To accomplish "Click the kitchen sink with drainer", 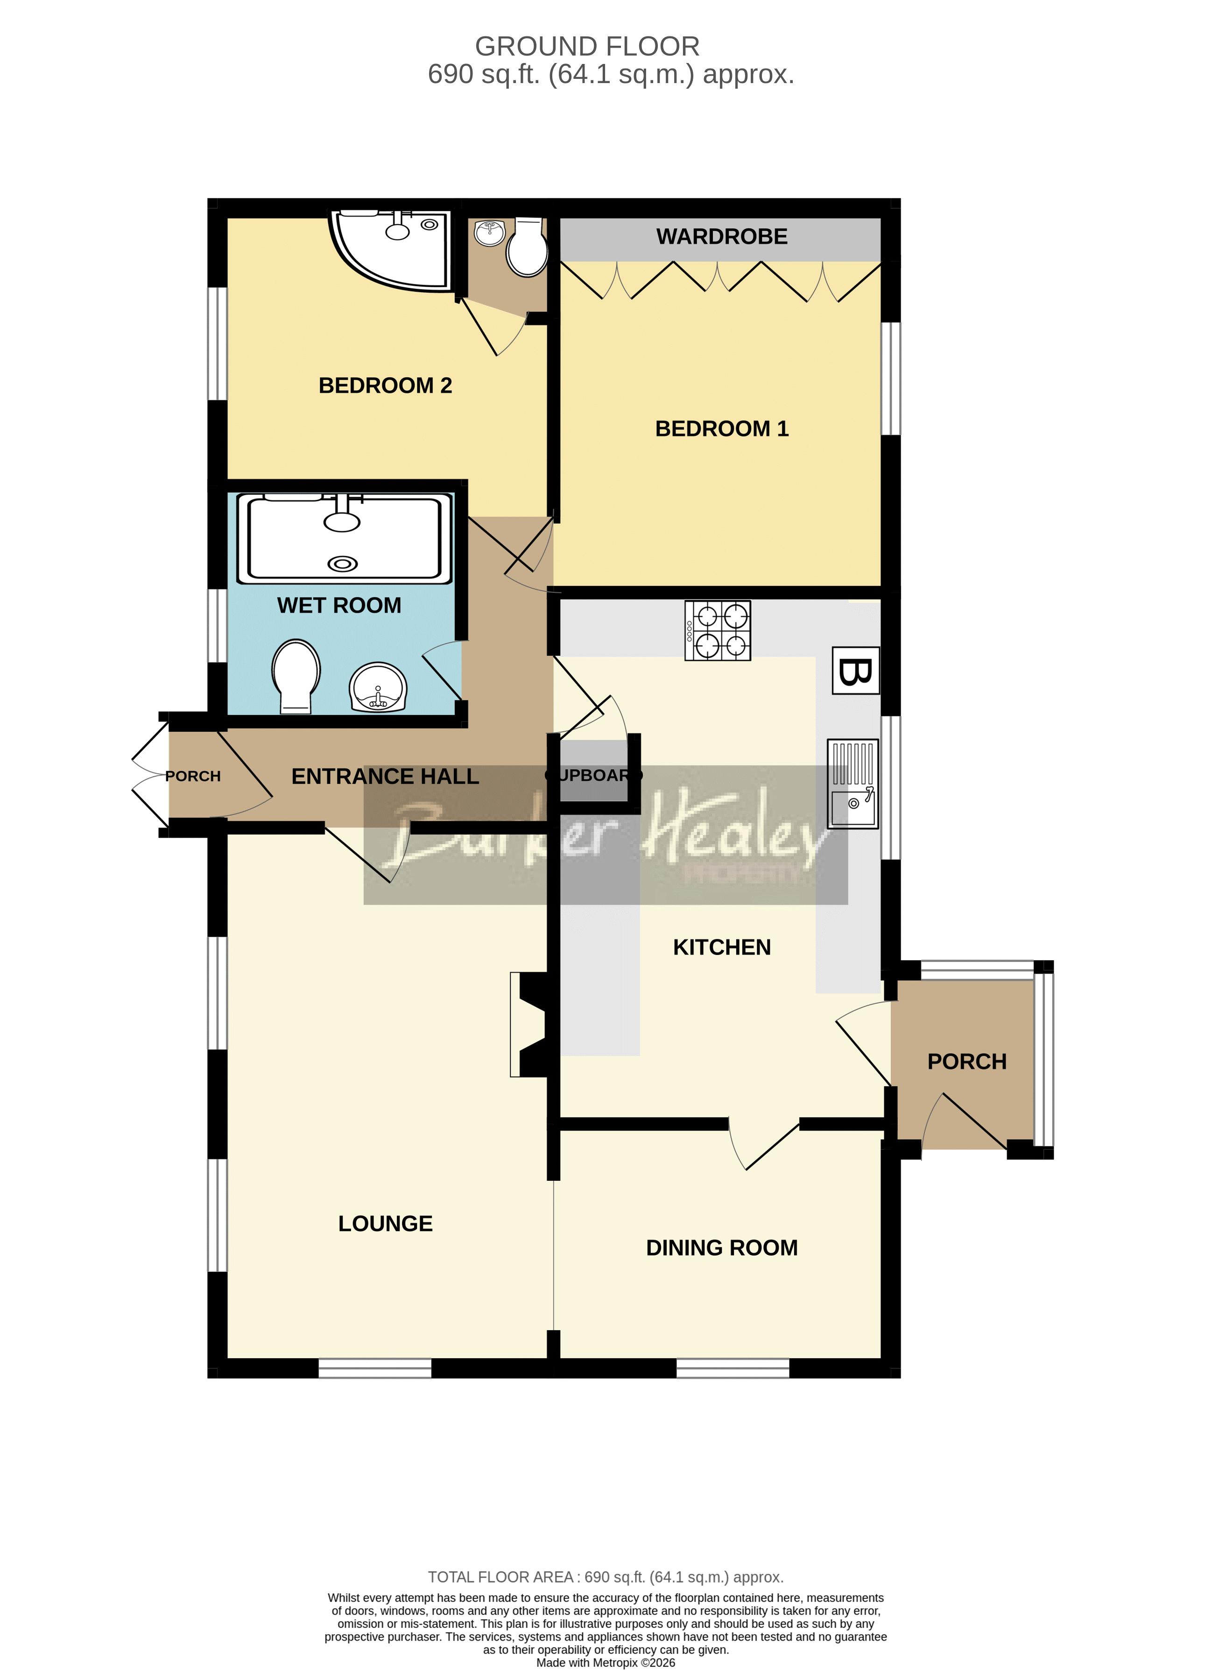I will pyautogui.click(x=853, y=784).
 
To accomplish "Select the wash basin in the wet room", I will pyautogui.click(x=378, y=687).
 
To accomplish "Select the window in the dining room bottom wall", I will pyautogui.click(x=732, y=1368).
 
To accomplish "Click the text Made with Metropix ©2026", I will pyautogui.click(x=605, y=1662).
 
